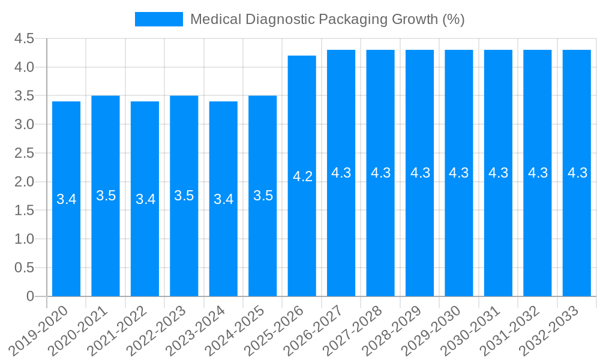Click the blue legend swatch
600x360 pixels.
click(158, 19)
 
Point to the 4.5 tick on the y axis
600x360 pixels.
click(25, 39)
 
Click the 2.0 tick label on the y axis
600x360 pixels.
click(25, 182)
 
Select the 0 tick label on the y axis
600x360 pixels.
click(31, 296)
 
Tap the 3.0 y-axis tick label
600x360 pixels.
click(25, 125)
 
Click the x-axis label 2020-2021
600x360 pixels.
click(79, 329)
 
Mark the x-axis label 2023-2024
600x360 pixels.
click(196, 329)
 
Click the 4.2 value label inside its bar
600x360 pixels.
click(302, 176)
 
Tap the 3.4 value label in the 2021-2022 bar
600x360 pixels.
click(145, 199)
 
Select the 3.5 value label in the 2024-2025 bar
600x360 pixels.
click(263, 196)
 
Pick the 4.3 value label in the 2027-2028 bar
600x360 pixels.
click(380, 173)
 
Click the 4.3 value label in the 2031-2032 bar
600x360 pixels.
click(538, 173)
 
